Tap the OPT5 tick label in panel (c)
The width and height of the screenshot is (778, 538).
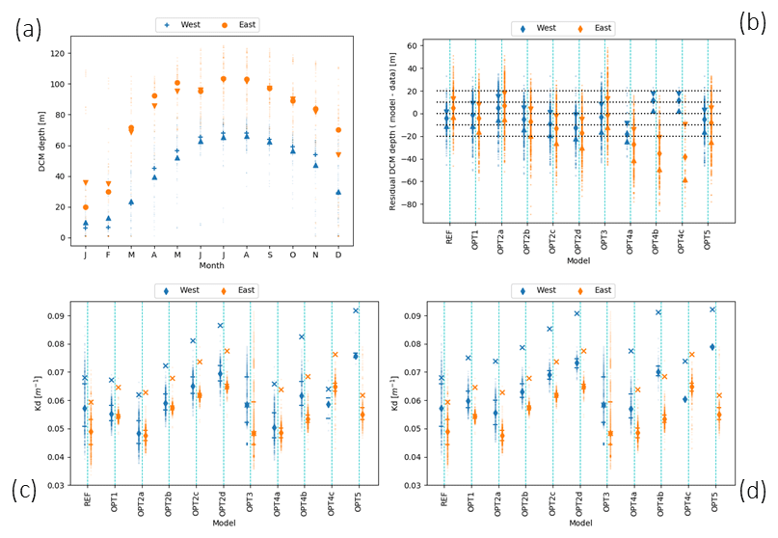358,503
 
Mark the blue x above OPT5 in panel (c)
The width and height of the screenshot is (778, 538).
355,310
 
